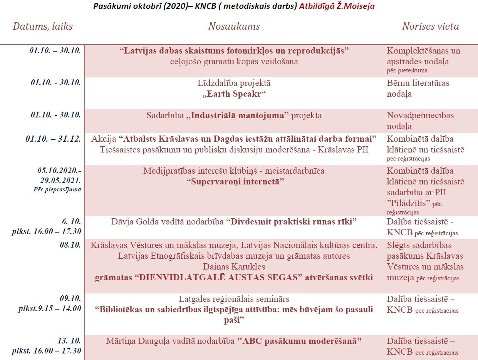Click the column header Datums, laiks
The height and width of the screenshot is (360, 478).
tap(43, 27)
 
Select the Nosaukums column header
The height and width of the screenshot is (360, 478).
tap(234, 27)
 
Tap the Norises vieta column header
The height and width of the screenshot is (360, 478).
tap(430, 27)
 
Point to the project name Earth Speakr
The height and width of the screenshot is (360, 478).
tap(234, 94)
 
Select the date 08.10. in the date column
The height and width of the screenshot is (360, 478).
tap(70, 245)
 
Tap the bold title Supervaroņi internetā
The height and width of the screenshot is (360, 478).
tap(235, 181)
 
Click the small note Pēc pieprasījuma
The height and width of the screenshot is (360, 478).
tap(57, 189)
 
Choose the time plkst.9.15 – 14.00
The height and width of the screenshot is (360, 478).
tap(50, 308)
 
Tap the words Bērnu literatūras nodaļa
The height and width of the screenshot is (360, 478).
tap(418, 88)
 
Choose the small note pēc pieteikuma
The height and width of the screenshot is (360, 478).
tap(407, 70)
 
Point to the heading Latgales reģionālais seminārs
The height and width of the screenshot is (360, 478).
tap(234, 299)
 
